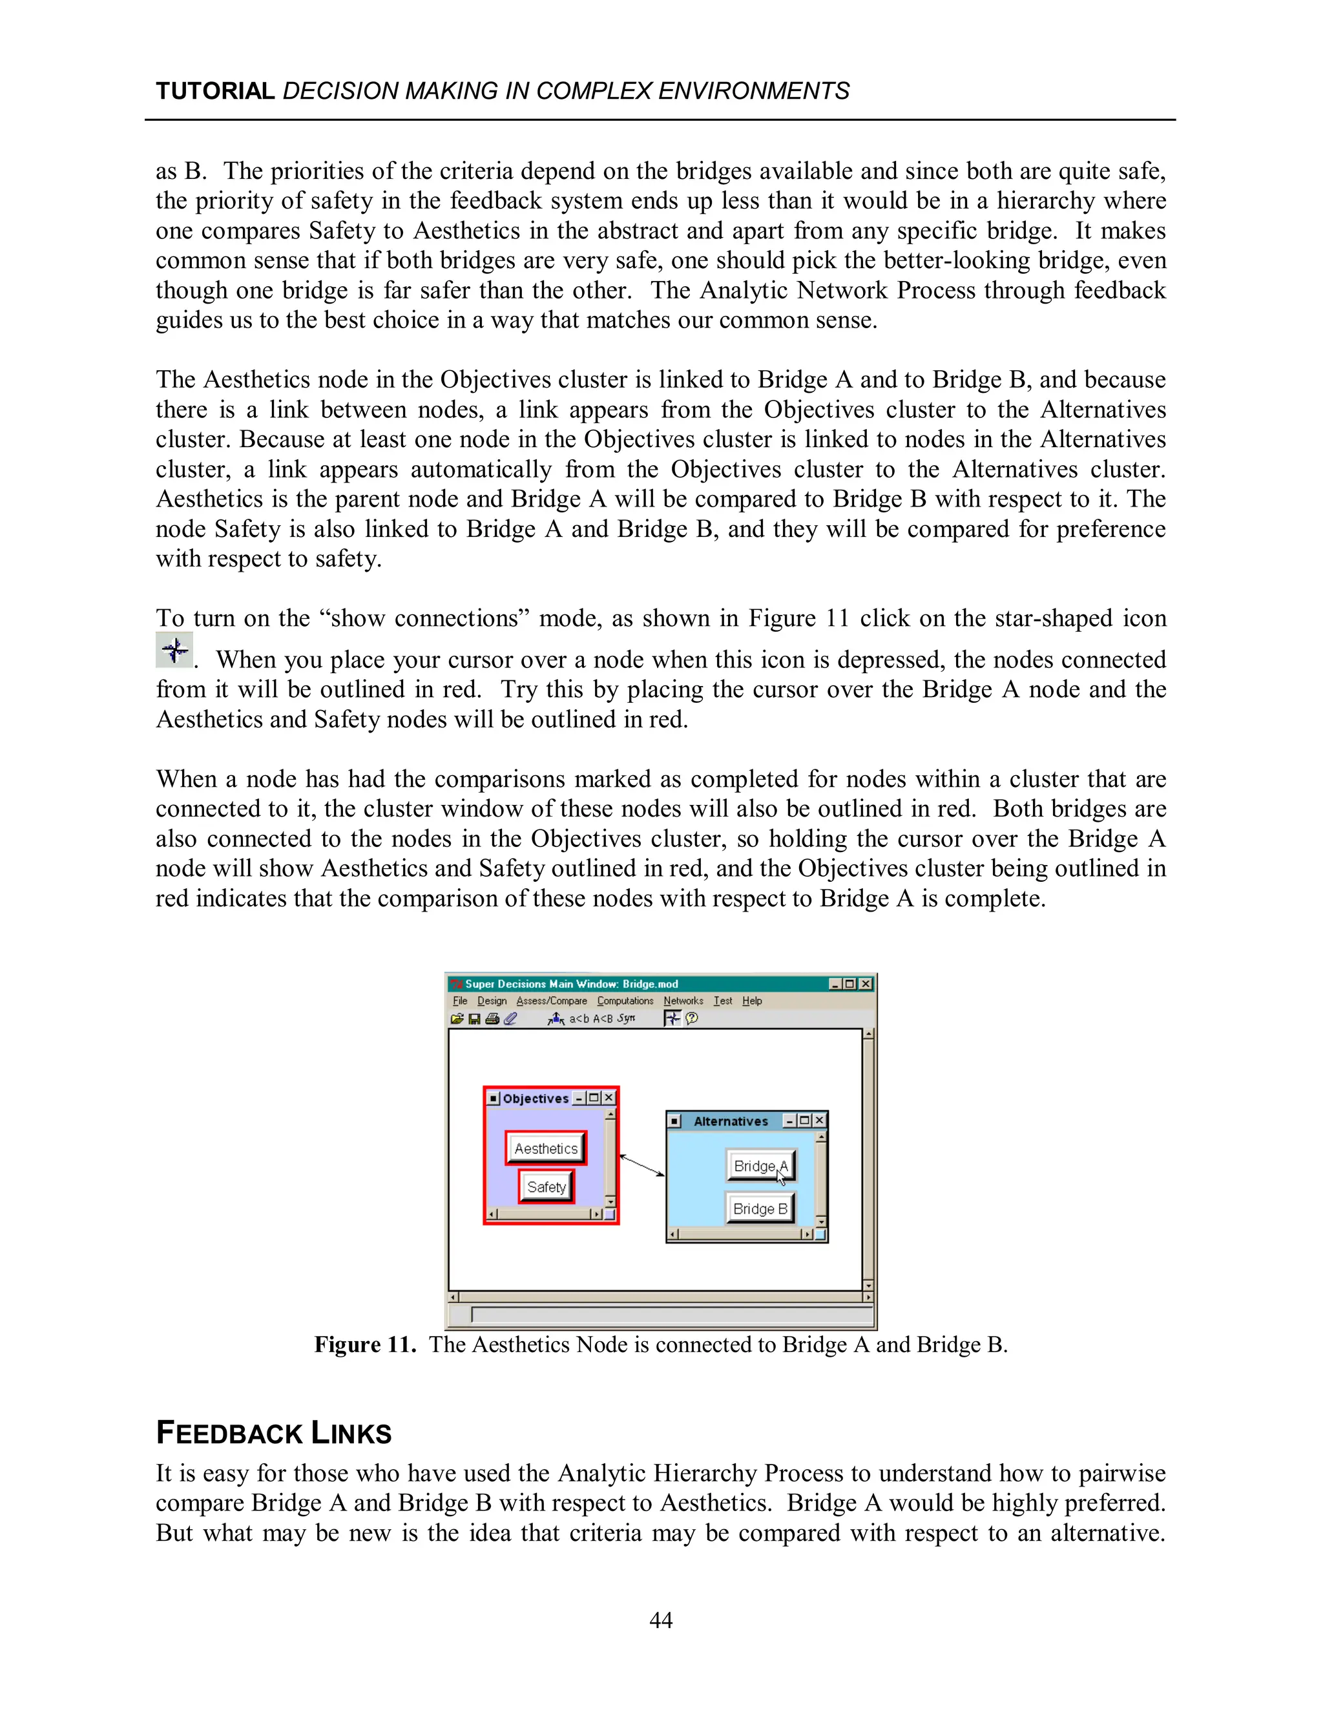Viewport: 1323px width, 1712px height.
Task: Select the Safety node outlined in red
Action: pyautogui.click(x=547, y=1187)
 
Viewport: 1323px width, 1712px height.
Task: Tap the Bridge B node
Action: pyautogui.click(x=760, y=1209)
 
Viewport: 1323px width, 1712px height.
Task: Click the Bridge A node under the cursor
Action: pyautogui.click(x=760, y=1165)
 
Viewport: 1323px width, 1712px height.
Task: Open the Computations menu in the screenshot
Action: pyautogui.click(x=625, y=1001)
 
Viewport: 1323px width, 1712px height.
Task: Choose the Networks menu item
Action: pyautogui.click(x=683, y=1001)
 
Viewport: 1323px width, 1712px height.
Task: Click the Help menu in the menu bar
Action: pyautogui.click(x=752, y=1001)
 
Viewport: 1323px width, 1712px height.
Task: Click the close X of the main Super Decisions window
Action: pyautogui.click(x=865, y=984)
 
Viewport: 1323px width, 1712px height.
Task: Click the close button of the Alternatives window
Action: pyautogui.click(x=819, y=1121)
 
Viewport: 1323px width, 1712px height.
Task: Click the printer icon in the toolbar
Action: pyautogui.click(x=492, y=1019)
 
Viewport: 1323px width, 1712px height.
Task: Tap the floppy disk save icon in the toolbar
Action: pyautogui.click(x=474, y=1019)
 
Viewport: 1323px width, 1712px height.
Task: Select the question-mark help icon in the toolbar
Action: pyautogui.click(x=691, y=1018)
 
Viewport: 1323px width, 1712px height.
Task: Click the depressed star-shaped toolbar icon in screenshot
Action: pyautogui.click(x=672, y=1018)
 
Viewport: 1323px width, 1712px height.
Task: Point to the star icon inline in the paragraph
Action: pyautogui.click(x=174, y=651)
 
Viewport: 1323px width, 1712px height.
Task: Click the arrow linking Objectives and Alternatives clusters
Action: pyautogui.click(x=642, y=1165)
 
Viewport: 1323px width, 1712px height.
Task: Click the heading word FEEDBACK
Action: pyautogui.click(x=229, y=1433)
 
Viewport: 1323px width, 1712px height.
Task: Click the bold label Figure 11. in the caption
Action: pyautogui.click(x=364, y=1345)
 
